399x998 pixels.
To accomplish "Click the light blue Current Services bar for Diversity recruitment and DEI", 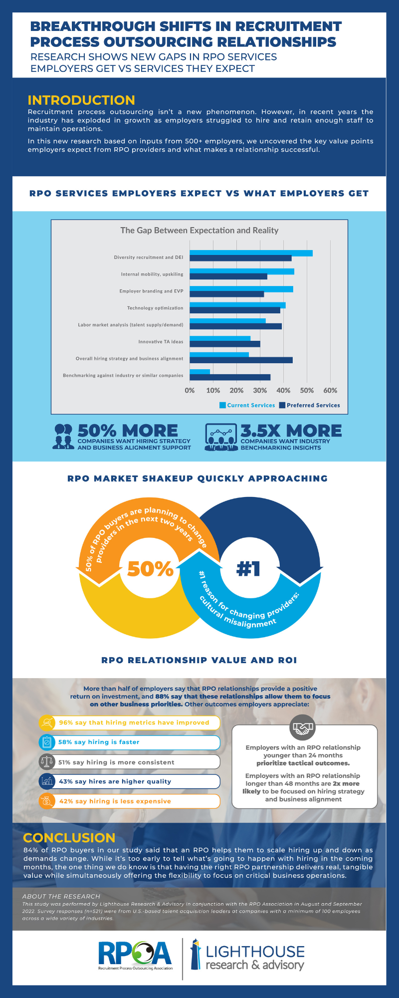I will [x=251, y=253].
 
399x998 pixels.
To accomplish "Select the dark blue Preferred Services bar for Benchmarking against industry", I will [x=230, y=377].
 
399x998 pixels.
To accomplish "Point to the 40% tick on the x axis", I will [x=283, y=390].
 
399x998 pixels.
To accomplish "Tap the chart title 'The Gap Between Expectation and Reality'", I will [x=199, y=230].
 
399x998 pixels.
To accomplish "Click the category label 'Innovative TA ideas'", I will [x=161, y=342].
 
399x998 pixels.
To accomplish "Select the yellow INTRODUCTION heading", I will [x=81, y=100].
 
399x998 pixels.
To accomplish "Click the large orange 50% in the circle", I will [x=150, y=568].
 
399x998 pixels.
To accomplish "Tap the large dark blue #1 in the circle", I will [x=248, y=568].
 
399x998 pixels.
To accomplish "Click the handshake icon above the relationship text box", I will [x=302, y=728].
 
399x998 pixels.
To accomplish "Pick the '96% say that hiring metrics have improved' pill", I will [x=130, y=723].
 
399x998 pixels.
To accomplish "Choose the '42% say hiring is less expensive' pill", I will [x=130, y=801].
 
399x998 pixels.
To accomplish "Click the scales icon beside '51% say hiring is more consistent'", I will [x=46, y=762].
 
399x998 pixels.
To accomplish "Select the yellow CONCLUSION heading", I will [x=69, y=838].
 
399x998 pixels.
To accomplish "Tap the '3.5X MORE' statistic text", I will [x=291, y=431].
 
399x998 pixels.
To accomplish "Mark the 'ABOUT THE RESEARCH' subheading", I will [x=61, y=896].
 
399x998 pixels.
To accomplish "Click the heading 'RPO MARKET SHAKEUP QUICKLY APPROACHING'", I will [x=198, y=479].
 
